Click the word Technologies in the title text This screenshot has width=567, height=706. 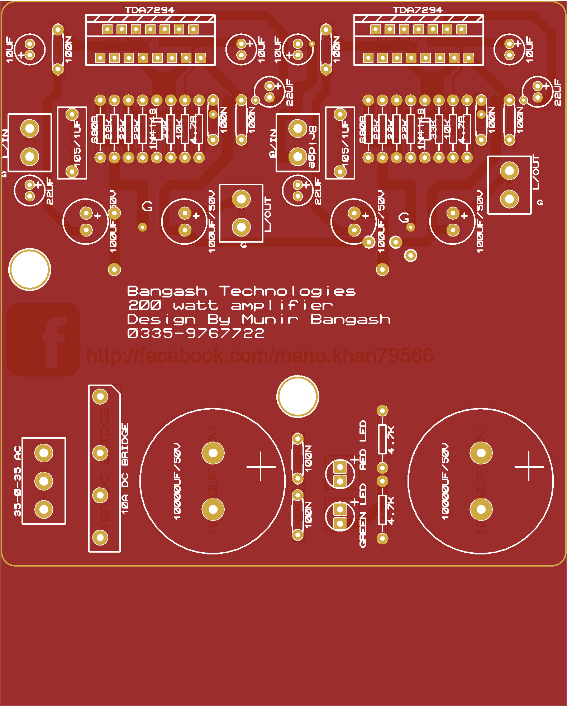[287, 291]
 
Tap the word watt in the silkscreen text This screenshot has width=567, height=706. [196, 305]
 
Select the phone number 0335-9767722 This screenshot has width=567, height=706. [196, 333]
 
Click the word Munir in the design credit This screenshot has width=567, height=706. [270, 319]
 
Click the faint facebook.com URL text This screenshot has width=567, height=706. [260, 356]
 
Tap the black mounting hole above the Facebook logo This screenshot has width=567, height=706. [30, 269]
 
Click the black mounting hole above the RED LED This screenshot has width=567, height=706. [297, 396]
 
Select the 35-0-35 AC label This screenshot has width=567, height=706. [17, 481]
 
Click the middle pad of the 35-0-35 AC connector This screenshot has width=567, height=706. [44, 481]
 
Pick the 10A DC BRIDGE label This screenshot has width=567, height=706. [125, 469]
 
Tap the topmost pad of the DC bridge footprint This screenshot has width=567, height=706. [100, 396]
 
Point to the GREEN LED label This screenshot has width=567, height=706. [363, 515]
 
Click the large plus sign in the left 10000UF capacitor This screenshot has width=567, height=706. [261, 467]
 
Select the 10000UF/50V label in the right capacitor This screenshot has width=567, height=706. [445, 481]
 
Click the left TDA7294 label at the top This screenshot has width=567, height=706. [149, 10]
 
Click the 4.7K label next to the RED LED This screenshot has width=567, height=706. [391, 440]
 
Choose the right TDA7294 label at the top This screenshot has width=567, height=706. [418, 10]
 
